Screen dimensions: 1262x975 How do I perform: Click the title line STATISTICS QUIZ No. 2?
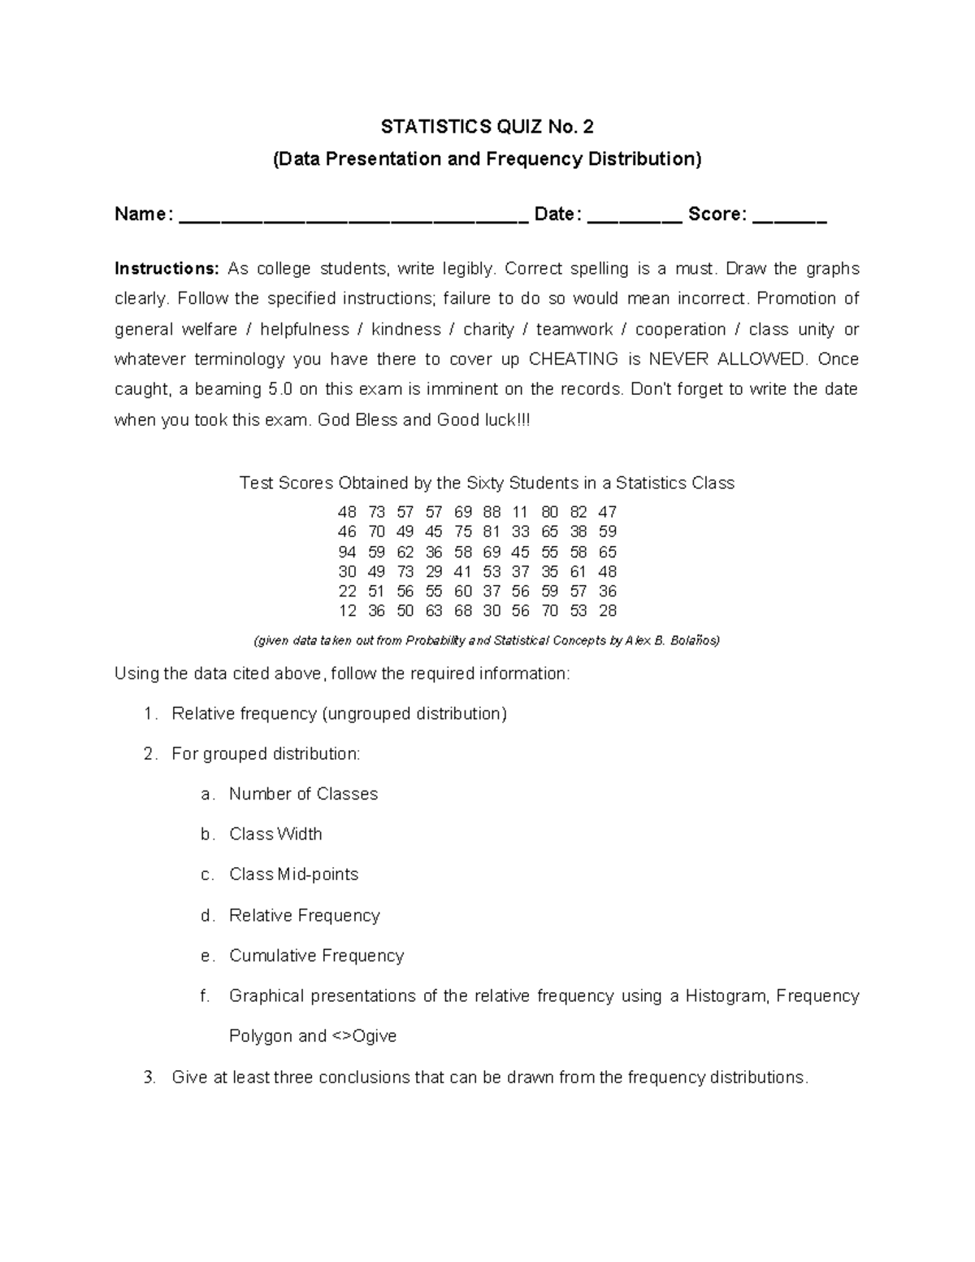(x=487, y=127)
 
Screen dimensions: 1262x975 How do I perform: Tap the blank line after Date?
(x=634, y=218)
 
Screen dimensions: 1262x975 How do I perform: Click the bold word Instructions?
(x=167, y=269)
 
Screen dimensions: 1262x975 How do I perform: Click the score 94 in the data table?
(x=347, y=552)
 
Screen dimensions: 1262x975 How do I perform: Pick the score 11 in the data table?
(x=520, y=512)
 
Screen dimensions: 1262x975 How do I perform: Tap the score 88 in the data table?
(x=492, y=512)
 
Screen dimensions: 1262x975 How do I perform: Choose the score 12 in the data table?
(x=347, y=611)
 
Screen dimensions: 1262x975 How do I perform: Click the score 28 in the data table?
(x=607, y=611)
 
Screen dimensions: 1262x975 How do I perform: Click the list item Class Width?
(x=275, y=835)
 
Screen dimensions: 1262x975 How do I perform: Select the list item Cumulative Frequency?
(x=316, y=956)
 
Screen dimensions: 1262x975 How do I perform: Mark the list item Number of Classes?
(x=303, y=794)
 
